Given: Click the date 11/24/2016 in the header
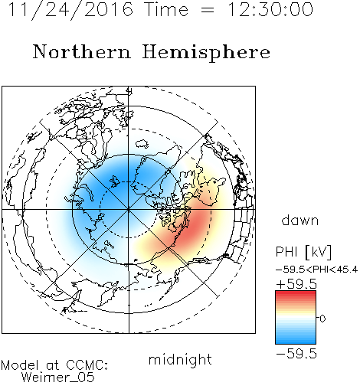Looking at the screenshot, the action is pyautogui.click(x=70, y=10).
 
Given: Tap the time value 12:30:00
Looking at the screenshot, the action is pyautogui.click(x=270, y=9).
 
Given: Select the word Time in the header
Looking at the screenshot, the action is pyautogui.click(x=166, y=9).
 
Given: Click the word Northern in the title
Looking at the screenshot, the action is pyautogui.click(x=82, y=52).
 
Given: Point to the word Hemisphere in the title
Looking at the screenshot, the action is pyautogui.click(x=206, y=53).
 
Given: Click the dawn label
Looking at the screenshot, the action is pyautogui.click(x=300, y=220).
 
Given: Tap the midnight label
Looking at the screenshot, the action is pyautogui.click(x=180, y=360).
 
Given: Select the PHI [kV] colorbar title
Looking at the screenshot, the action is pyautogui.click(x=303, y=252).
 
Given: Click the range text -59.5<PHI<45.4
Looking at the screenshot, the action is pyautogui.click(x=316, y=270).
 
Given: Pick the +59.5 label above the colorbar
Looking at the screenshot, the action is pyautogui.click(x=296, y=284).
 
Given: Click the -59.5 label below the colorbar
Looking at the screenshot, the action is pyautogui.click(x=296, y=354).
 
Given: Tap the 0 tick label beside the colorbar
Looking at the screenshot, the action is pyautogui.click(x=322, y=319).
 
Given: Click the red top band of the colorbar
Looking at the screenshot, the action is pyautogui.click(x=296, y=294).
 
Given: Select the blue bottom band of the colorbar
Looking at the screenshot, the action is pyautogui.click(x=296, y=341).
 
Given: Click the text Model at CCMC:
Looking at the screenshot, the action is pyautogui.click(x=54, y=365).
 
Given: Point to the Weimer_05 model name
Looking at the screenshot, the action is pyautogui.click(x=58, y=378).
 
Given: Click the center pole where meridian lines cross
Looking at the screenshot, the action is pyautogui.click(x=129, y=210).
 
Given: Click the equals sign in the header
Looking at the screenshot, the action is pyautogui.click(x=207, y=10).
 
